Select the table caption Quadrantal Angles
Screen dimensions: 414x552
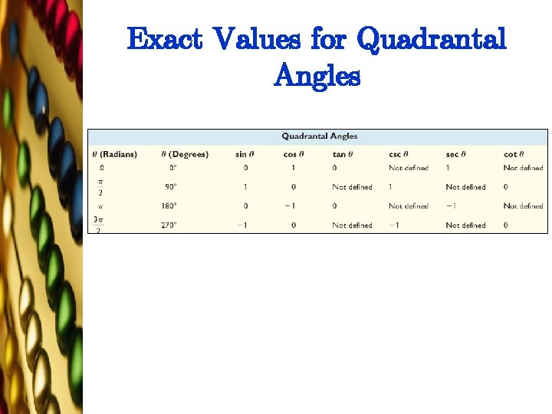319,136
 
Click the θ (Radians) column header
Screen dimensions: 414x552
115,154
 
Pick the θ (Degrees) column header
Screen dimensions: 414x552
185,154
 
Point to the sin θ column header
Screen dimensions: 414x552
245,154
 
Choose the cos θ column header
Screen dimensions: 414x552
294,154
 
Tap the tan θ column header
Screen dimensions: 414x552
343,154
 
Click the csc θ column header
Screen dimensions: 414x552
400,154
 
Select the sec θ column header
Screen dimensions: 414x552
457,154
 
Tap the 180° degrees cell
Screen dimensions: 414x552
169,206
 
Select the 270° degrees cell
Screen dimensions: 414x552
169,225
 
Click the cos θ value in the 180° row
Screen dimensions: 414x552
290,206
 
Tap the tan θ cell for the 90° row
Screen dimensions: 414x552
352,187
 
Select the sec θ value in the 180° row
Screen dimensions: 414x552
452,206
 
